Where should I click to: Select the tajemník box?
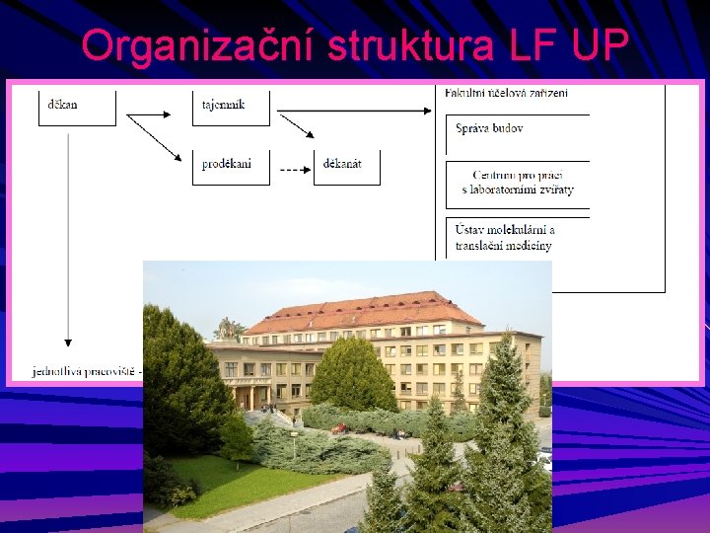231,107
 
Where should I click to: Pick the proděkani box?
231,166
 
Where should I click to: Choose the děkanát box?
346,166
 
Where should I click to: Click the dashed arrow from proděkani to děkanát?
293,169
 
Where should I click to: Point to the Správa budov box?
518,130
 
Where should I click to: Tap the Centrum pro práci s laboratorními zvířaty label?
518,183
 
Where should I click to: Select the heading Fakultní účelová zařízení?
506,93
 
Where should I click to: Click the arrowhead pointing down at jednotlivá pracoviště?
67,341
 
